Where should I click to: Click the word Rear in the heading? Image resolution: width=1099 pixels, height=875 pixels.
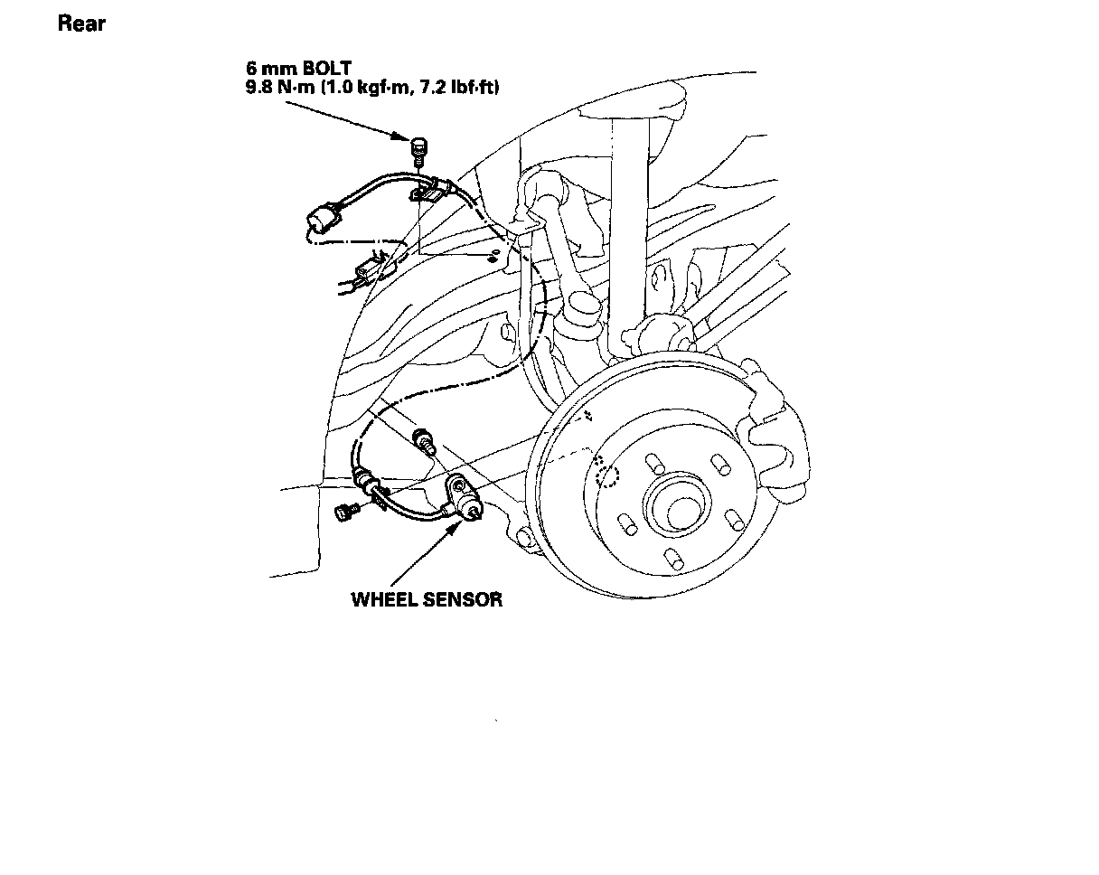pyautogui.click(x=81, y=24)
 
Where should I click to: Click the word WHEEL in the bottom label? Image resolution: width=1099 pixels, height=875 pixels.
pyautogui.click(x=387, y=599)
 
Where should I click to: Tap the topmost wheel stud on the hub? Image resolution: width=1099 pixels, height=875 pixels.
pyautogui.click(x=653, y=464)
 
